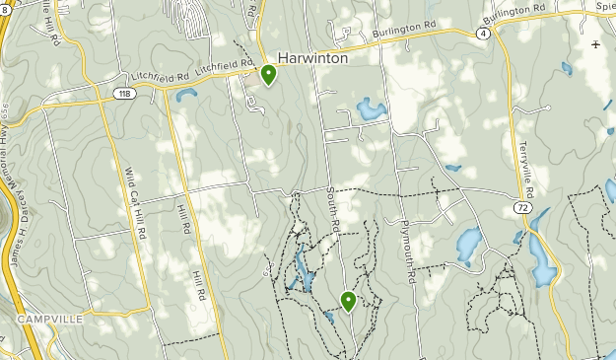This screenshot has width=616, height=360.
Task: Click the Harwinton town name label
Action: coord(312,58)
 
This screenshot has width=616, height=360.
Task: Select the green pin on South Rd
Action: coord(348,301)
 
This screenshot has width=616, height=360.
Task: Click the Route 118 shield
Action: coord(122,94)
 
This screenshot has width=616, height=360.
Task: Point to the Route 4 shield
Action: coord(481,33)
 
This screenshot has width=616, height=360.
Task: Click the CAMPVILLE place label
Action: coord(48,320)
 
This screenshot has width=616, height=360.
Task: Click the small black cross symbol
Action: coord(595,44)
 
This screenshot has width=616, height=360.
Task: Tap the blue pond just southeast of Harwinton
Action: coord(369,108)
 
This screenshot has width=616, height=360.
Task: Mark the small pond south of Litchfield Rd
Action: coord(186,95)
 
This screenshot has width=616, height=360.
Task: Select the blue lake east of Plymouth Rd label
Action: coord(469,243)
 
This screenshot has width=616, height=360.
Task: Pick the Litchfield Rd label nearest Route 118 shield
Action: coord(158,76)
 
